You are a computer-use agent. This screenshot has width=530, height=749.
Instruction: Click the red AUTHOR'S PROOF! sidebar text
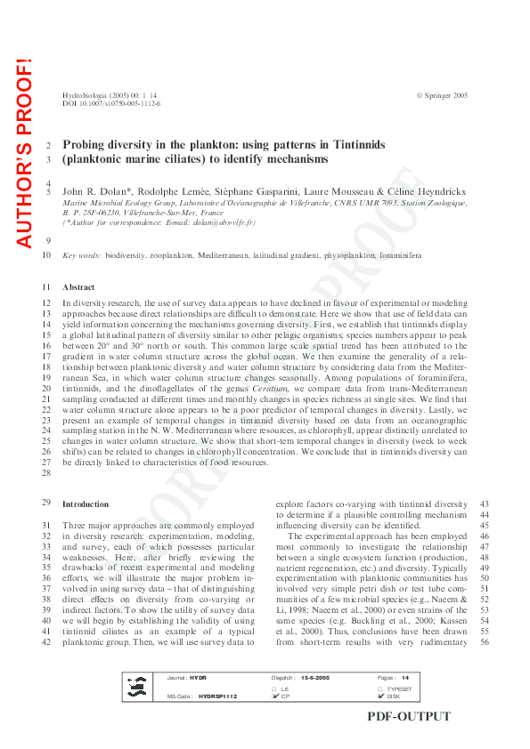point(23,152)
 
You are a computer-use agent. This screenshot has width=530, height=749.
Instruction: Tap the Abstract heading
point(78,287)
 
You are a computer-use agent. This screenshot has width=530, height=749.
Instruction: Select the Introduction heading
point(86,503)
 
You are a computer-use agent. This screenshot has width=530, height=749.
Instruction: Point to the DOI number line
point(111,103)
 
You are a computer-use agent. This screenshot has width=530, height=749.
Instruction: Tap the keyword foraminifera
point(397,255)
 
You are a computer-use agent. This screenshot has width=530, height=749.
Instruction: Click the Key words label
point(82,255)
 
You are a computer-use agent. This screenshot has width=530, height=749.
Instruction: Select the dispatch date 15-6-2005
point(317,678)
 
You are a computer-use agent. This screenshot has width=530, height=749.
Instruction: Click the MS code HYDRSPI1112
point(217,697)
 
